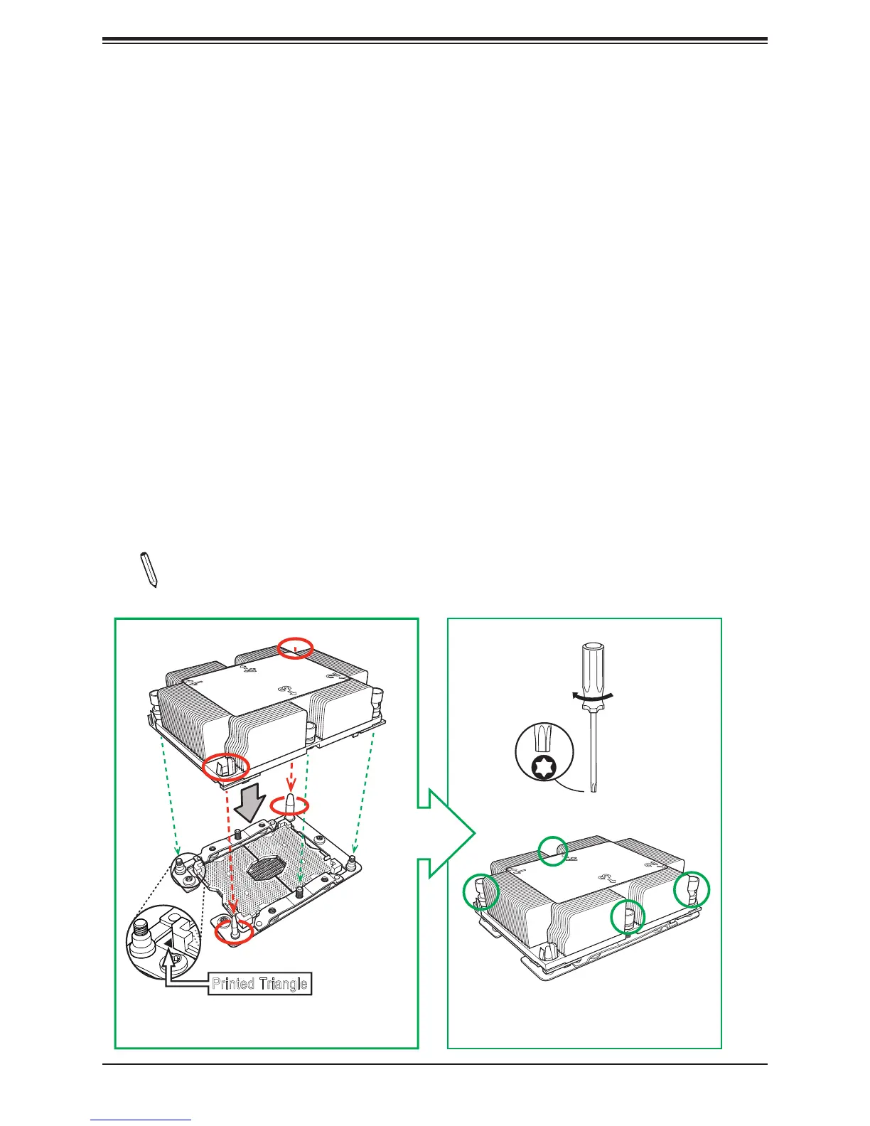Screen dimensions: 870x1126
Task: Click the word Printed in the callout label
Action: [x=233, y=984]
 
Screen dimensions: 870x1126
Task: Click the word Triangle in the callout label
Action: [x=283, y=984]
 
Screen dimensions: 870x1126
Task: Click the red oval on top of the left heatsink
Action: [x=295, y=647]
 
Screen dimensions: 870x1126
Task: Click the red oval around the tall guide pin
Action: [x=291, y=805]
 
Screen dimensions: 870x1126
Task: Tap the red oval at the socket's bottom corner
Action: [x=234, y=930]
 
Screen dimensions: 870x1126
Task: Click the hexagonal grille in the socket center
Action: [x=264, y=869]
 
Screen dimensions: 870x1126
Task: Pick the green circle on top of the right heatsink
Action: [x=554, y=850]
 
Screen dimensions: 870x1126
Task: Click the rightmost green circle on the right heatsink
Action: [x=692, y=889]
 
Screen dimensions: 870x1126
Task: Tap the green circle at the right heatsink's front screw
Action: [x=628, y=916]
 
